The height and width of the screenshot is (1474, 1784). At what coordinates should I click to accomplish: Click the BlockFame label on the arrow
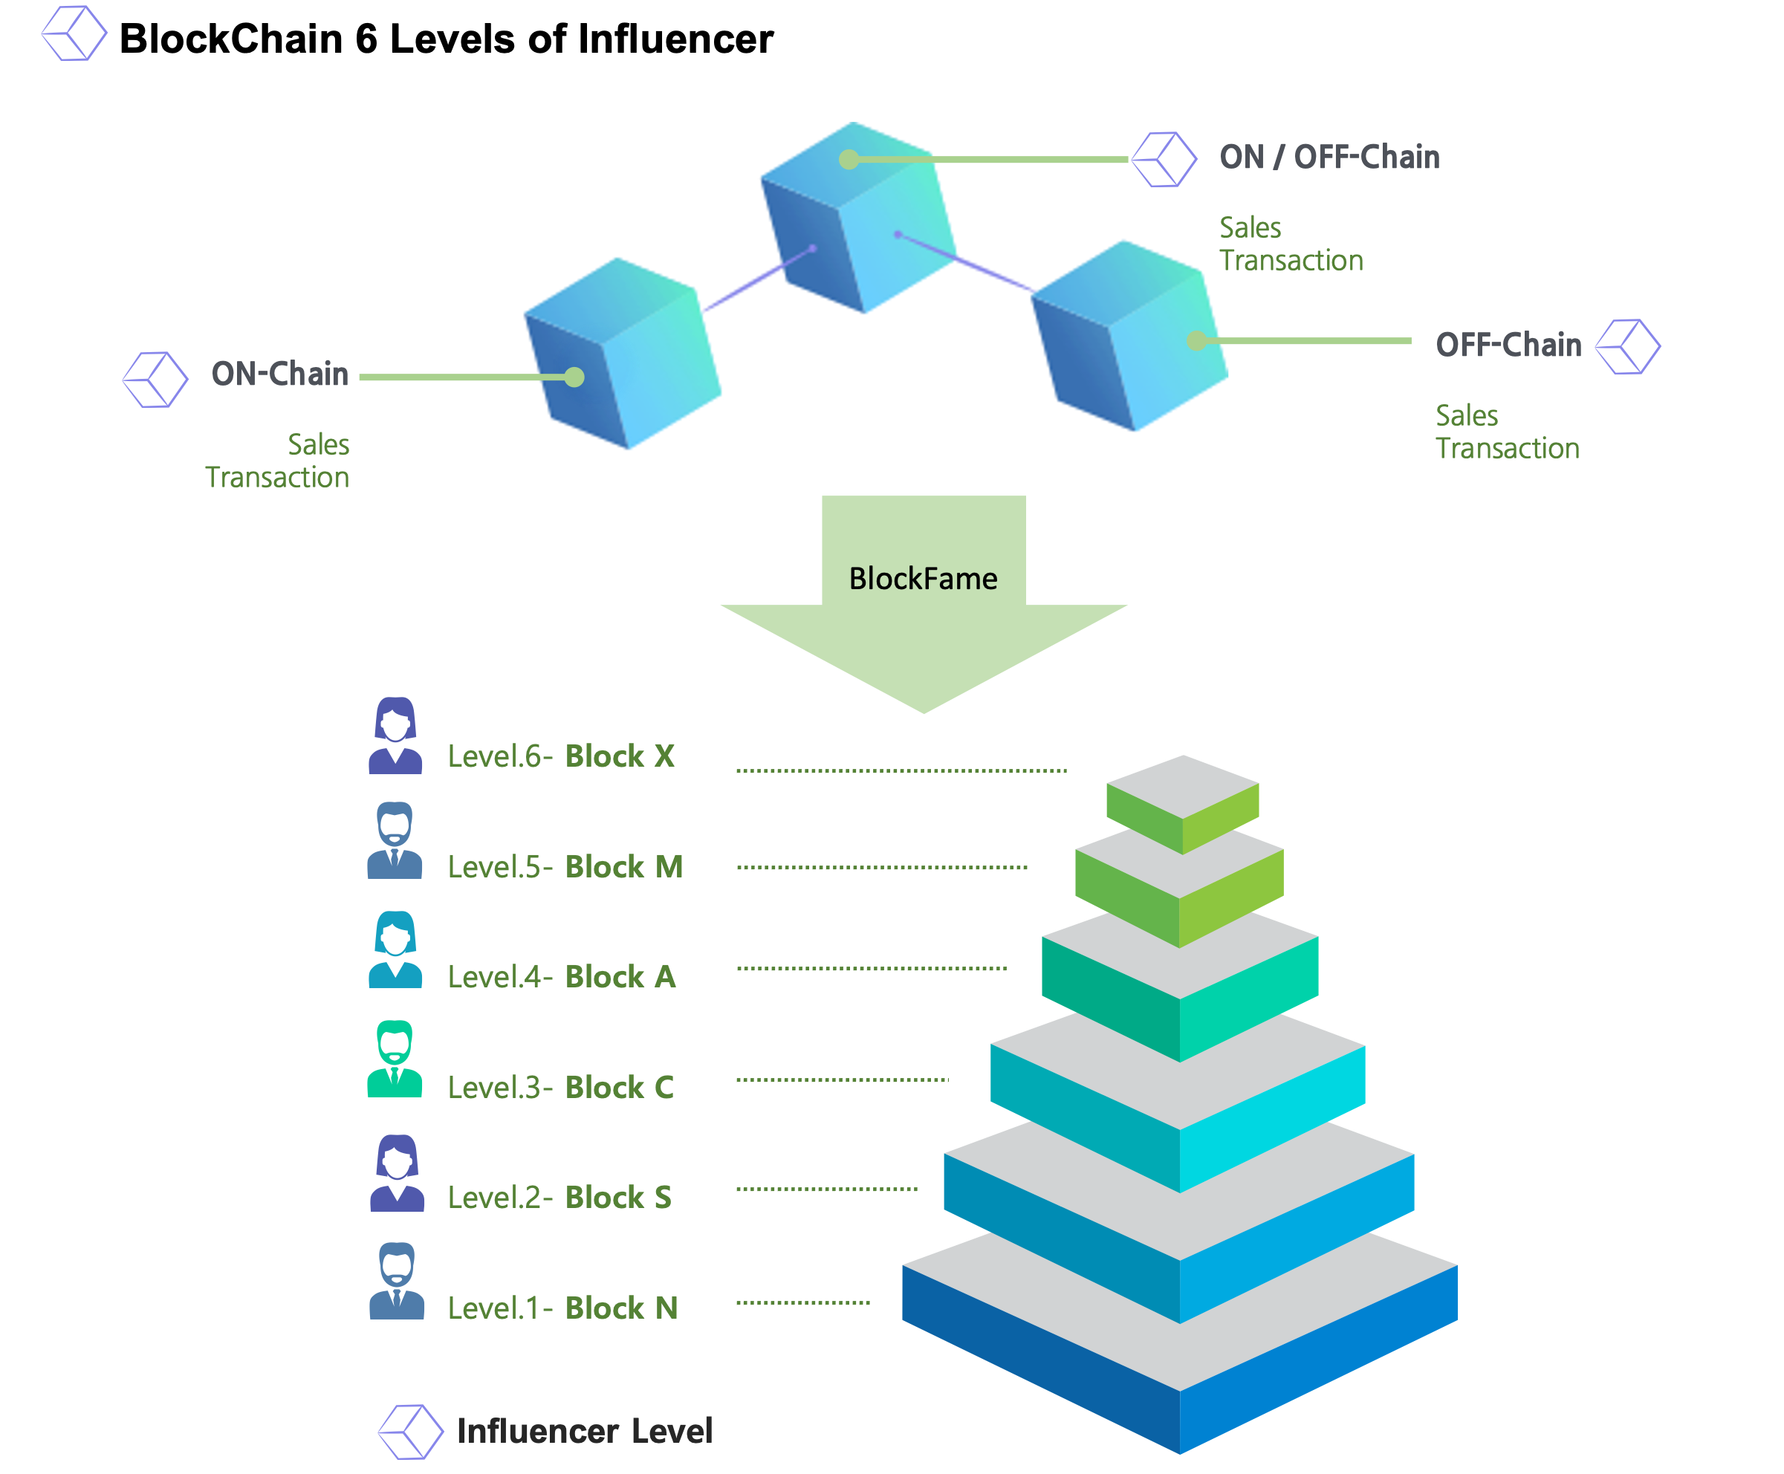point(923,579)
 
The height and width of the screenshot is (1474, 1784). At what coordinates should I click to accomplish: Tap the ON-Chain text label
point(279,374)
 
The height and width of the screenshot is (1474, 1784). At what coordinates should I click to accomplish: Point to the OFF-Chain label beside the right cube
point(1508,345)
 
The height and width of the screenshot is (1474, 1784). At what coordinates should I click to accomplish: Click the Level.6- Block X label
point(560,756)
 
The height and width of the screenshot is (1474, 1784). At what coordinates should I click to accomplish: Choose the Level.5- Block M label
point(565,867)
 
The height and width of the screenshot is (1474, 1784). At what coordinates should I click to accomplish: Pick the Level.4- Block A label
point(561,977)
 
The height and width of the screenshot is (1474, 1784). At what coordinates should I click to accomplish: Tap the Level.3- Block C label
point(560,1088)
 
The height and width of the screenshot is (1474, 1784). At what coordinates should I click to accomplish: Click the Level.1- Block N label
point(562,1308)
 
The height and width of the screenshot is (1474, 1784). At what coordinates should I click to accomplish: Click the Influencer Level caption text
point(584,1432)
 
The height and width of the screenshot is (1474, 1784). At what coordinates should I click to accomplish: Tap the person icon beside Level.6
point(395,736)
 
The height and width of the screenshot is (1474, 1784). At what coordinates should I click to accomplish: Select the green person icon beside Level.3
point(395,1059)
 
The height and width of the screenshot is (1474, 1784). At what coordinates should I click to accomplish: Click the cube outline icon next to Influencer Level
point(410,1432)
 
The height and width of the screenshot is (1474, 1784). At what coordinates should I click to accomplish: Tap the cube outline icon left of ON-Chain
point(155,380)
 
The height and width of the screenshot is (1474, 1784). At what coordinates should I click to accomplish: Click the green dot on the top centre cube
point(849,160)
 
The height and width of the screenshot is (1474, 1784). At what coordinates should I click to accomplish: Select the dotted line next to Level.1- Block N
point(802,1302)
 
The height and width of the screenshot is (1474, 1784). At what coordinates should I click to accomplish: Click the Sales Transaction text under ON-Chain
point(278,461)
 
